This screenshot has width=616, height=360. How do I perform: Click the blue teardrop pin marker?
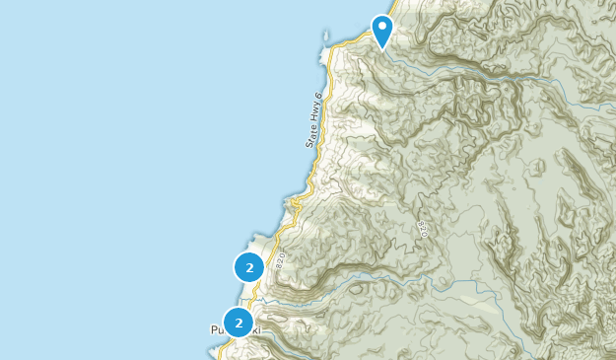381,29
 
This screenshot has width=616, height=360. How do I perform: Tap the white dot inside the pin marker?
381,25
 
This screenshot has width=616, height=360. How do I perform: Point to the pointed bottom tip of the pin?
381,48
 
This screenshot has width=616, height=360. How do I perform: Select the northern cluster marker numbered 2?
248,267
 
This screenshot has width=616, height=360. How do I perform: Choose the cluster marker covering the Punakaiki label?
238,323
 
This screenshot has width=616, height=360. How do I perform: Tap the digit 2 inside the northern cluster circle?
248,267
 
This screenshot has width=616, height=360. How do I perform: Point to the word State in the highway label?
310,136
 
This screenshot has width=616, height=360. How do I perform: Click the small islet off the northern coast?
326,39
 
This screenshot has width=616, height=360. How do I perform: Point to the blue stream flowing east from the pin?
444,70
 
